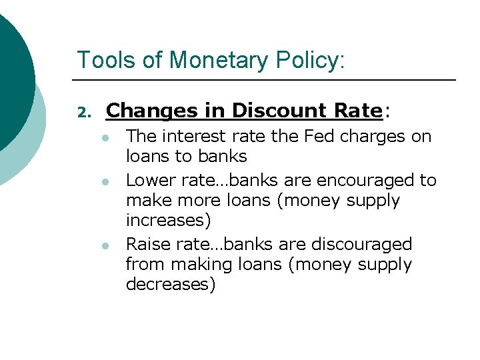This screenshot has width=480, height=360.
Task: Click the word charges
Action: [x=376, y=137]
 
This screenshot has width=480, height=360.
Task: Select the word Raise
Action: [x=146, y=244]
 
